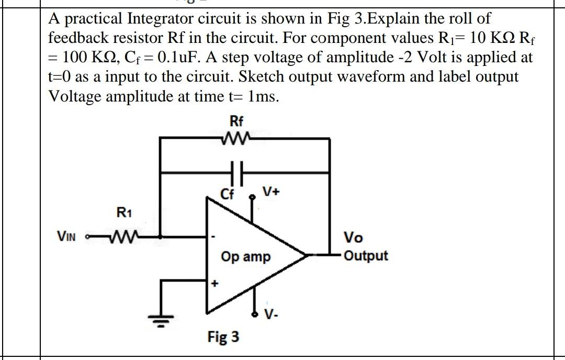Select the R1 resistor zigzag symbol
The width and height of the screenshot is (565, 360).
122,238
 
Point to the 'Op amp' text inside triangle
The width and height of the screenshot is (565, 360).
245,257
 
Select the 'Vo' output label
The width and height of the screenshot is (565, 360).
353,238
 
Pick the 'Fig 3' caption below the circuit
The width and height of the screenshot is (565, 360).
223,336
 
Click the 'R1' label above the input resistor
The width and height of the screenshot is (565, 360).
123,213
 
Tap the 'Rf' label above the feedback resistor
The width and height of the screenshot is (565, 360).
236,122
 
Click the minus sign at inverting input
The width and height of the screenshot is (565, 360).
212,237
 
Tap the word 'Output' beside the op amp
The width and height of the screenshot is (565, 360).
366,256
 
